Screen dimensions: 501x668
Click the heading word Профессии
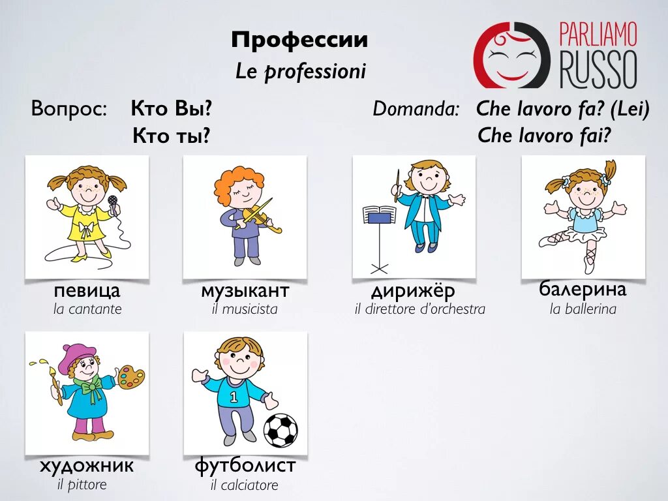pos(299,40)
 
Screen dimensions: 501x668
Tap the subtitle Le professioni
pos(301,72)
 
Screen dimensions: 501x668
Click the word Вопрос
pos(69,109)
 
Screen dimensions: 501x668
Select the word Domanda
pos(416,109)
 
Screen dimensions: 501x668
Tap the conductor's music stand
pos(379,215)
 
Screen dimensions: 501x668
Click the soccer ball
pos(281,430)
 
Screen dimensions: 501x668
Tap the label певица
pos(87,291)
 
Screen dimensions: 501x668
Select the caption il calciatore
pos(244,485)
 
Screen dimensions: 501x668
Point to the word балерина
pos(583,289)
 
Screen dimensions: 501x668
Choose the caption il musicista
pos(245,309)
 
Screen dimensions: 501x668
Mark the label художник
pos(87,466)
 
